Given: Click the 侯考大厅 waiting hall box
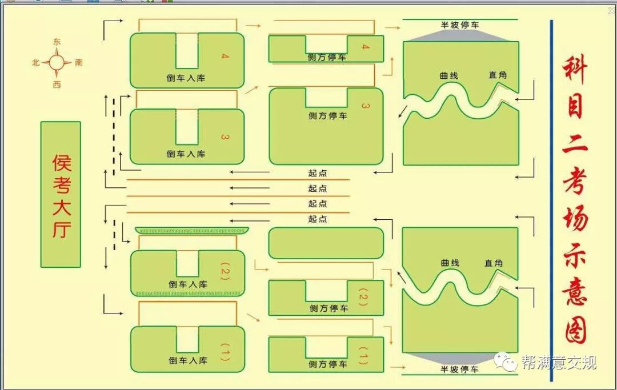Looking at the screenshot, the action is [x=61, y=194].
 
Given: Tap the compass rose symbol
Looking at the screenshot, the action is [x=57, y=63].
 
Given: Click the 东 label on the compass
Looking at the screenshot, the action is [x=57, y=42].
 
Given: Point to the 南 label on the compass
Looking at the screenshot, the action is [x=79, y=63].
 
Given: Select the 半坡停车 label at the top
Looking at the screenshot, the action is [x=459, y=25].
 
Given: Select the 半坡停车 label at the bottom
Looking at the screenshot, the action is [x=459, y=369].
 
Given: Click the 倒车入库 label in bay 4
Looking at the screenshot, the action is [x=186, y=78].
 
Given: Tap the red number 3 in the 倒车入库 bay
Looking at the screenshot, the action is [x=225, y=137].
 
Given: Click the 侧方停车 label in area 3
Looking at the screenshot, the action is [x=327, y=115].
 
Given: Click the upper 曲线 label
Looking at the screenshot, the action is [x=448, y=75].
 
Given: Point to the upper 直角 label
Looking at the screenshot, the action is [x=497, y=75].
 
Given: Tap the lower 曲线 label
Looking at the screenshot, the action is [x=450, y=263].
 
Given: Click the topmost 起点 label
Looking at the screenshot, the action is [x=318, y=173].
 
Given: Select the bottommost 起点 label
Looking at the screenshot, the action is [x=318, y=219].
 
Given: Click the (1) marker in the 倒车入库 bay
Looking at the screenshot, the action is [x=225, y=354].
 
